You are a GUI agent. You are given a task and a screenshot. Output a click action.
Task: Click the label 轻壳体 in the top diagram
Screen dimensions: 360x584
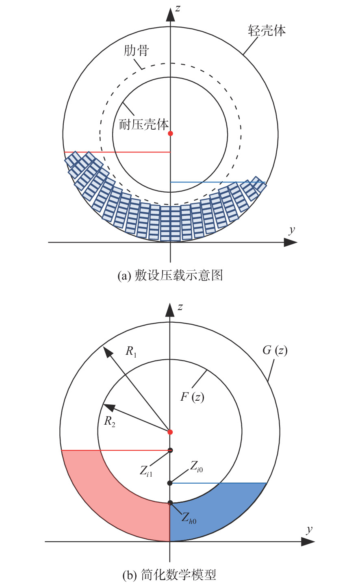coord(267,30)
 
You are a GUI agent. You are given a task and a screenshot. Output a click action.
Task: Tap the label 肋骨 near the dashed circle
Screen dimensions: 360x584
coord(136,50)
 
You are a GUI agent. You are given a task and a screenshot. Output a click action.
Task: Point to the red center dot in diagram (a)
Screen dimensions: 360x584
coord(171,133)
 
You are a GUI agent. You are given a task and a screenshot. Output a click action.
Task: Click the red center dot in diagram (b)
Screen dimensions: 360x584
coord(170,432)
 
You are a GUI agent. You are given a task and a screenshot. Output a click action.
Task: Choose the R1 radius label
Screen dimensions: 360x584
coord(131,351)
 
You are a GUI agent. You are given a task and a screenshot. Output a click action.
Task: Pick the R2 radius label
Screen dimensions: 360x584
coord(109,421)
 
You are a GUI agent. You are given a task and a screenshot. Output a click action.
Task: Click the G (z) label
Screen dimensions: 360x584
coord(275,350)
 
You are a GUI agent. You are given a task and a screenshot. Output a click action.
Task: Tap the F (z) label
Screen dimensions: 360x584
coord(192,397)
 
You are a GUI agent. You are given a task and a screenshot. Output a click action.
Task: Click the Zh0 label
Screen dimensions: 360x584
coord(189,517)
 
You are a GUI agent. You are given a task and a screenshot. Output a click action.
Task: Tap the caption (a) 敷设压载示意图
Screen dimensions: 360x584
coord(170,275)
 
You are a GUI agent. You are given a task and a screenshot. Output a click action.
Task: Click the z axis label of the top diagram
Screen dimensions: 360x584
coord(178,9)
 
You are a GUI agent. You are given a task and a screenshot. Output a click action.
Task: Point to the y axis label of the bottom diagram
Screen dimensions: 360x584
coord(309,530)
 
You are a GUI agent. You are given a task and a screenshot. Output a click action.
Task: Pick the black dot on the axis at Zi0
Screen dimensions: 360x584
coord(170,483)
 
